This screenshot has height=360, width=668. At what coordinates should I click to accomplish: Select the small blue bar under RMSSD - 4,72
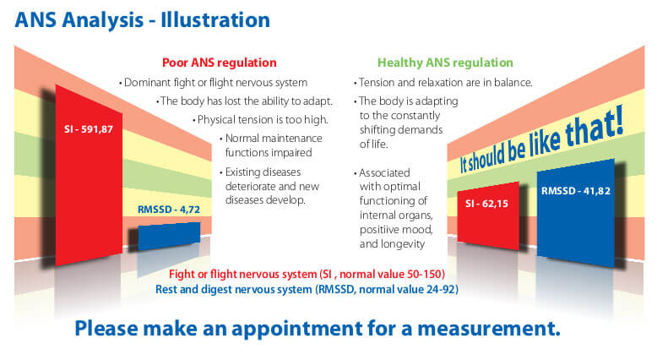[x=169, y=236]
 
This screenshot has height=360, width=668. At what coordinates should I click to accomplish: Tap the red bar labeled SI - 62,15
[x=488, y=215]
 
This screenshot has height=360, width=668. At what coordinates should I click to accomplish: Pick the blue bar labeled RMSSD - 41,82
[x=576, y=213]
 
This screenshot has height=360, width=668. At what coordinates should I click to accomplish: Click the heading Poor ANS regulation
[x=220, y=63]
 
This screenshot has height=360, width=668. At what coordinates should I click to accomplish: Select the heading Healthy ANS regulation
[x=445, y=63]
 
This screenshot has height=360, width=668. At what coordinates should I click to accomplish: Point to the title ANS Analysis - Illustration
[x=142, y=20]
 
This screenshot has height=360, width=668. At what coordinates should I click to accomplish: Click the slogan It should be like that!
[x=542, y=141]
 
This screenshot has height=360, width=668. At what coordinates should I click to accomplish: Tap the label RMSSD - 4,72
[x=169, y=210]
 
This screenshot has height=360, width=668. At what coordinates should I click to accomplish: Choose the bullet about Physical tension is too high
[x=260, y=120]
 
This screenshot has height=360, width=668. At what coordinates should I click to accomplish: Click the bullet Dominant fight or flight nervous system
[x=213, y=82]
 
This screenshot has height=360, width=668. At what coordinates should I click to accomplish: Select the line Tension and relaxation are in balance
[x=443, y=82]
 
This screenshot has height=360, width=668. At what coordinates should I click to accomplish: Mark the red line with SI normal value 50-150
[x=307, y=274]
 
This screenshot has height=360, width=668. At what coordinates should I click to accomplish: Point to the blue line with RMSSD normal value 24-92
[x=307, y=290]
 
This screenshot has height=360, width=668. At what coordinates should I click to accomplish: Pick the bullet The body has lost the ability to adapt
[x=244, y=101]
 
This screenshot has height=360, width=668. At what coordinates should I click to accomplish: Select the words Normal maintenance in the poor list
[x=274, y=139]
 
